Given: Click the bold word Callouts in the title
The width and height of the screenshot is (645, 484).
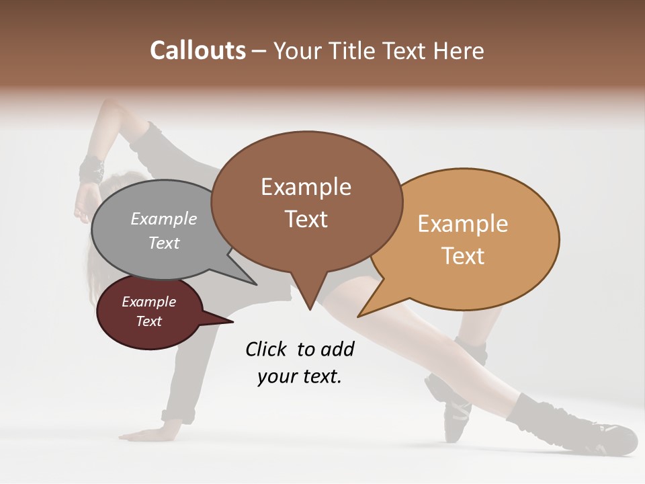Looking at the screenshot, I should coord(198,50).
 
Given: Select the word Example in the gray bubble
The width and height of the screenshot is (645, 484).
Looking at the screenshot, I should coord(164,218).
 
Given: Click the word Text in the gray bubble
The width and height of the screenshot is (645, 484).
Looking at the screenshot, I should coord(164,243).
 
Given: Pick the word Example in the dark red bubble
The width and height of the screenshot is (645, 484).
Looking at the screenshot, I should coord(148,302).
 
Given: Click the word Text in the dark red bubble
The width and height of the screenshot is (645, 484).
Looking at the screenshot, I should coord(148,321).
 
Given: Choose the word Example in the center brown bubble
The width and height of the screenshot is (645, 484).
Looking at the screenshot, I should coord(306,187).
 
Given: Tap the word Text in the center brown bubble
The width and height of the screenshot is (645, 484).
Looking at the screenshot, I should coord(306,218).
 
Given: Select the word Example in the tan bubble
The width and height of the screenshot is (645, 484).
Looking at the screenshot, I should coord(463,224).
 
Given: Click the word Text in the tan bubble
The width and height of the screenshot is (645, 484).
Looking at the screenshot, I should coord(463,255).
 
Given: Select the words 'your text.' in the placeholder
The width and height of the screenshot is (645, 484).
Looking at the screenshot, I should coord(299,376).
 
